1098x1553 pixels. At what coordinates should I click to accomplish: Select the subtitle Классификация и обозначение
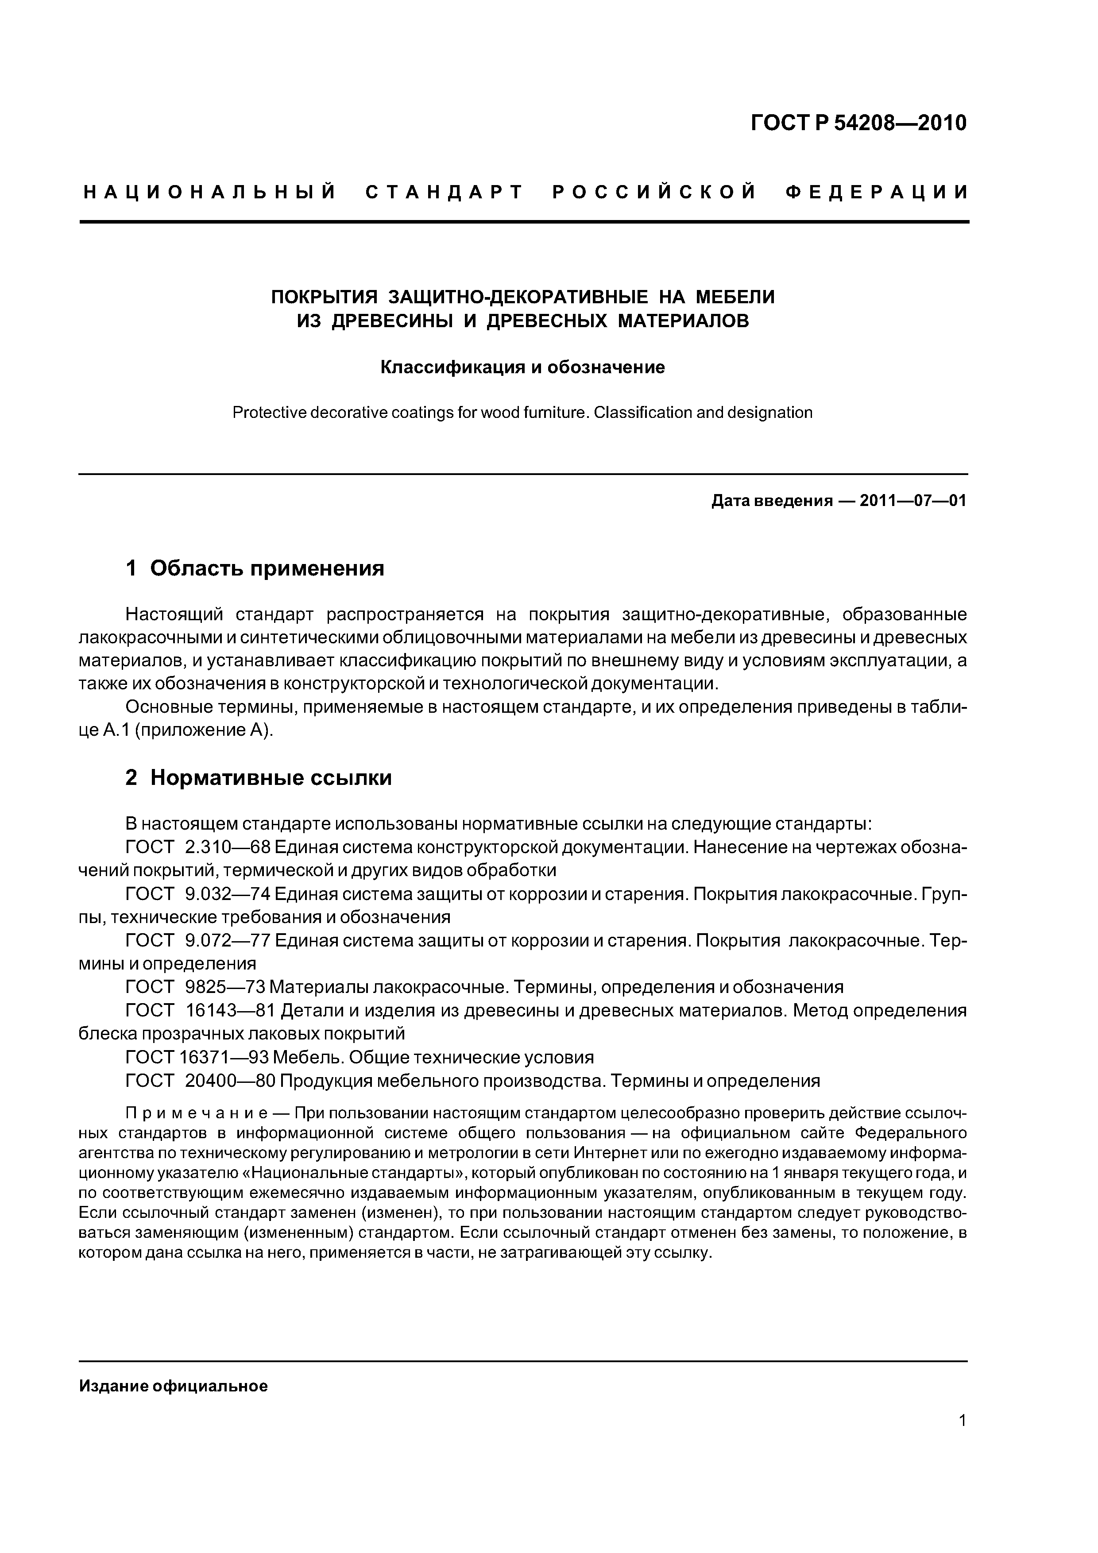click(522, 367)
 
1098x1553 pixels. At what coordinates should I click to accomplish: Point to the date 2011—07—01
click(912, 501)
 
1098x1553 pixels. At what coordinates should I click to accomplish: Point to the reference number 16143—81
click(230, 1011)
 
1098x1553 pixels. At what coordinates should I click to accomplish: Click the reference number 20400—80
click(230, 1081)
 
